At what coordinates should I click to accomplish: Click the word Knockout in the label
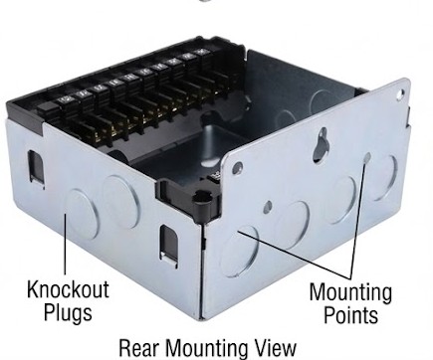[x=68, y=289]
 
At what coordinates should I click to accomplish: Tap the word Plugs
[x=68, y=313]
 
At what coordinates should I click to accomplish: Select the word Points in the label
[x=350, y=315]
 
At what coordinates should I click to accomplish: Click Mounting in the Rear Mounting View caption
[x=205, y=349]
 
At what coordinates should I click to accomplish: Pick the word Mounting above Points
[x=350, y=292]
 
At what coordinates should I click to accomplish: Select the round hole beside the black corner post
[x=237, y=167]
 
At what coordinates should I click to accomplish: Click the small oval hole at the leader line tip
[x=366, y=158]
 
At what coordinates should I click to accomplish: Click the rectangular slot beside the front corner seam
[x=169, y=243]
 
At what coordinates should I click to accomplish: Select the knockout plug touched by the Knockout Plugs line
[x=82, y=215]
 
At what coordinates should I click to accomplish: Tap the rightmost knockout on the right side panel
[x=384, y=177]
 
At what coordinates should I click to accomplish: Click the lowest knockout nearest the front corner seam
[x=240, y=252]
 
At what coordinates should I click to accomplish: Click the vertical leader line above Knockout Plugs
[x=66, y=244]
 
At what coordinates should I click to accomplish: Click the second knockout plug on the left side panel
[x=120, y=202]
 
